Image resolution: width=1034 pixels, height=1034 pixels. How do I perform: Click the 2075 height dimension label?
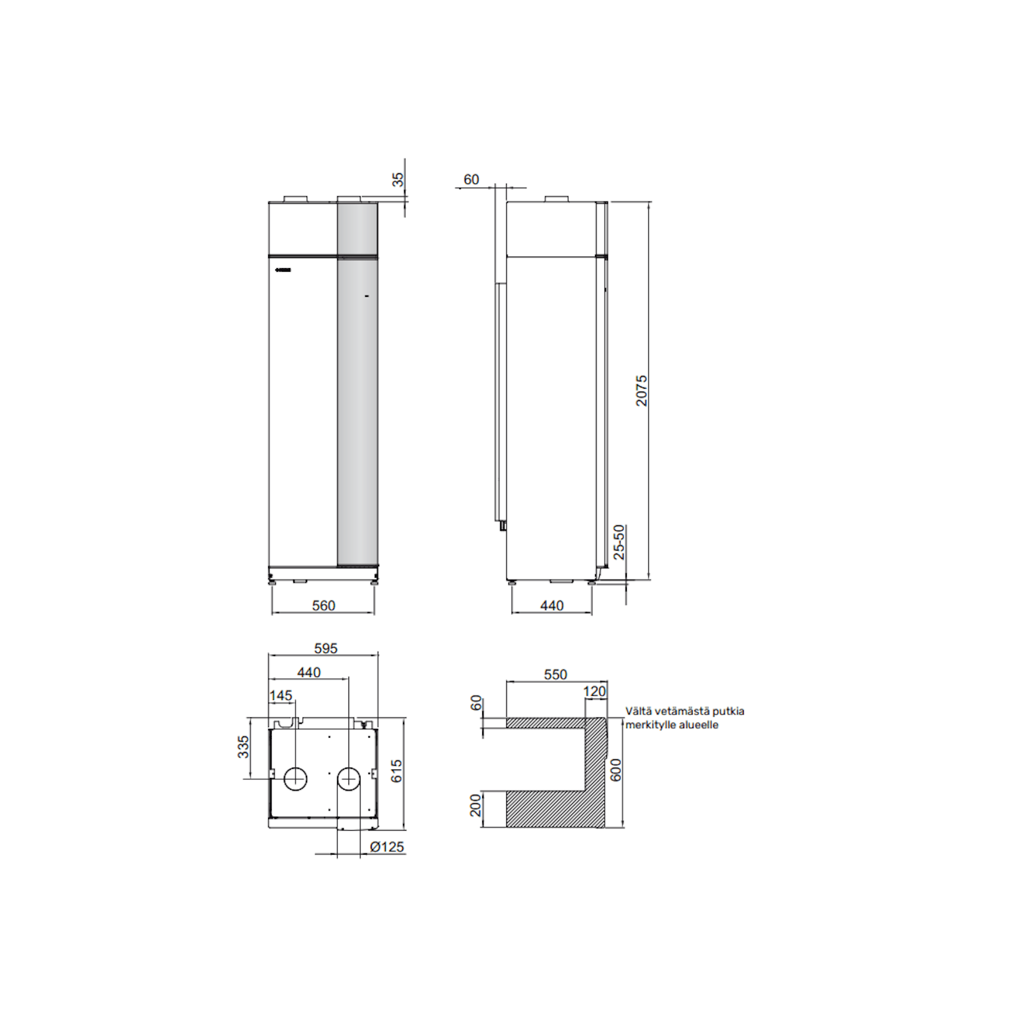tap(641, 390)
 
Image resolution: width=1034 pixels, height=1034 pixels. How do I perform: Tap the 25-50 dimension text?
tap(619, 542)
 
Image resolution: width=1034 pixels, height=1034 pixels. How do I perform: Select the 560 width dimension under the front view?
tap(323, 605)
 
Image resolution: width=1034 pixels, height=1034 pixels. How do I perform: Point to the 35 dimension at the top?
tap(398, 179)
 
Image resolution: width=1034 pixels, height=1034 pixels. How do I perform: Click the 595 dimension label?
tap(326, 648)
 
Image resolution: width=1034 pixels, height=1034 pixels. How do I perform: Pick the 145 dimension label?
tap(281, 696)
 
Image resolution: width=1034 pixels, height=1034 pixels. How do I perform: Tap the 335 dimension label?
tap(243, 747)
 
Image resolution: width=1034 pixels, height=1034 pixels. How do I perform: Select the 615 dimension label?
tap(396, 771)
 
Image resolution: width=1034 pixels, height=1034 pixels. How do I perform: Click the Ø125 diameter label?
tap(387, 847)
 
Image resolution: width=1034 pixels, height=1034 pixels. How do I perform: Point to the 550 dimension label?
tap(555, 675)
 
